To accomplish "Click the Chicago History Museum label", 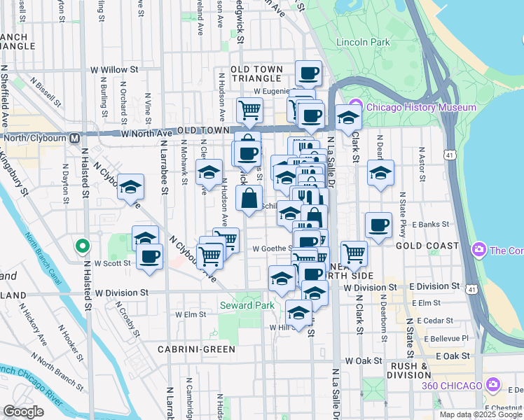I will (x=421, y=108).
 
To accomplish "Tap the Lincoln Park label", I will (x=363, y=43).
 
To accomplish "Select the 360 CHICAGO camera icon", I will (x=493, y=385).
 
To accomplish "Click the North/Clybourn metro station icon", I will (x=73, y=137).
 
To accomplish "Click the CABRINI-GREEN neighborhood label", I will (x=191, y=349).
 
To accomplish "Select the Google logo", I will (x=24, y=412).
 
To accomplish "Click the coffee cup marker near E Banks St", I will (x=379, y=225).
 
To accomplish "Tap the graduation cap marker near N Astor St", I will (x=380, y=173).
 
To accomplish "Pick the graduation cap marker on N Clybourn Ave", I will (x=130, y=187).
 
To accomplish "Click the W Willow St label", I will (x=115, y=70).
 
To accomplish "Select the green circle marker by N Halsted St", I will (x=83, y=246).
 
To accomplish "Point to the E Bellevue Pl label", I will (x=443, y=337).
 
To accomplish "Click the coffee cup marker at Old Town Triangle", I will (x=308, y=73).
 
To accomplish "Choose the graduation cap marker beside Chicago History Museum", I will (x=348, y=117).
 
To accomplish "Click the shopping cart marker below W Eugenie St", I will (x=249, y=109).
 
